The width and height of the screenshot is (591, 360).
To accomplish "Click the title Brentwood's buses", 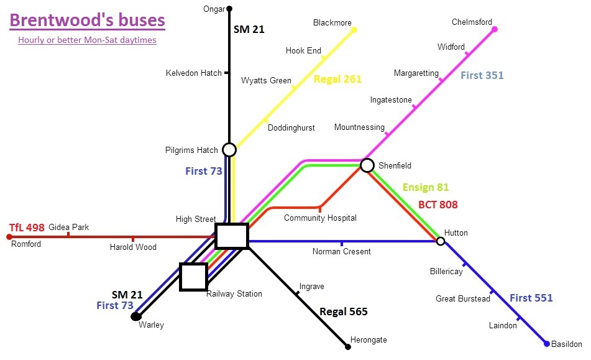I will (88, 20).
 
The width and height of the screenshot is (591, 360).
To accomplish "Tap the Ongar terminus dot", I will (229, 9).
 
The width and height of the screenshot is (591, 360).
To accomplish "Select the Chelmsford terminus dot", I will (495, 29).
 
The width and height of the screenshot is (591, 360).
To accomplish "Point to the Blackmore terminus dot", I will (354, 29).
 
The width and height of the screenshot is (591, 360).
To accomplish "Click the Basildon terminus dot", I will (547, 344).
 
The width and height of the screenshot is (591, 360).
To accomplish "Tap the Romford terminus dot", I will (9, 236).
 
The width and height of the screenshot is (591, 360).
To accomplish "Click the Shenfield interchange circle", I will (367, 165).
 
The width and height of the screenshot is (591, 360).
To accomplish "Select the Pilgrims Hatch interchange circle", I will (229, 150).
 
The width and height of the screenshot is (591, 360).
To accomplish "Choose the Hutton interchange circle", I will (441, 241).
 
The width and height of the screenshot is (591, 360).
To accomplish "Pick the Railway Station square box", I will (193, 277).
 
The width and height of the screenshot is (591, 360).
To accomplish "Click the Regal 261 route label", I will (337, 79).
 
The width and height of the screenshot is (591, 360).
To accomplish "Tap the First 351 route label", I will (482, 75).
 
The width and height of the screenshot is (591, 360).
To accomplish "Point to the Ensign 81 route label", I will (425, 187).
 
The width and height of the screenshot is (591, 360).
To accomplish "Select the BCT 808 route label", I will (438, 204).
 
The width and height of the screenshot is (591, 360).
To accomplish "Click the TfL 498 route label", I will (27, 228).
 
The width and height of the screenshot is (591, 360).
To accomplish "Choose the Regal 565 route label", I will (344, 312).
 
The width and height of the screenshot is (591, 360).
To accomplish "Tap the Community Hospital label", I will (320, 218).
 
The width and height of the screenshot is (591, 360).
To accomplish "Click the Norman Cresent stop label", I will (341, 251).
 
